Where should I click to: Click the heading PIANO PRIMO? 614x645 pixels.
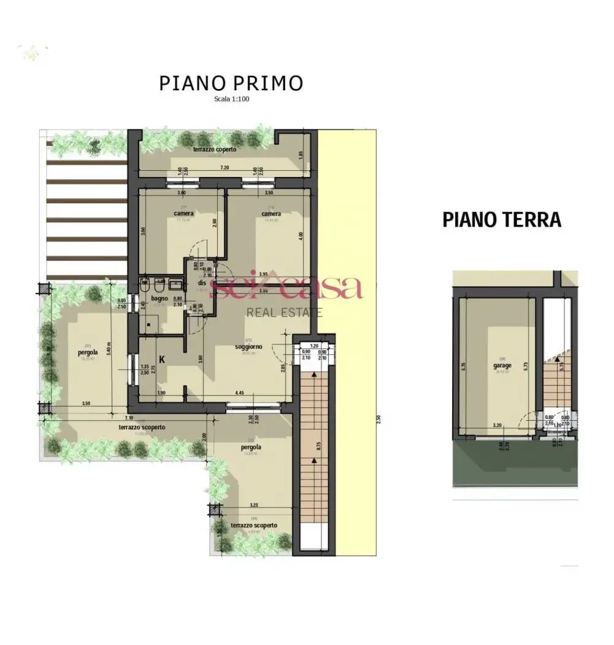coord(231,84)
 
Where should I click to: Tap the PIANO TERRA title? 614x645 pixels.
coord(502,219)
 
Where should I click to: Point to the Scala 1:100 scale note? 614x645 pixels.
coord(231,99)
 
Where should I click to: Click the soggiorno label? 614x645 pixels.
coord(248,347)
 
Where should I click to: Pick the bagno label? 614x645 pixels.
coord(159,299)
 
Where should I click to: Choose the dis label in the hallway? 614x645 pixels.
coord(201,283)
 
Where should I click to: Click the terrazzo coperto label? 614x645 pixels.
coord(214,149)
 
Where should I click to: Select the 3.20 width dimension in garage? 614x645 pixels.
coord(497,424)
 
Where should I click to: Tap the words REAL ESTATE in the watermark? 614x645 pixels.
coord(284,312)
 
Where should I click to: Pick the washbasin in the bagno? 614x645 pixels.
coord(176,285)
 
